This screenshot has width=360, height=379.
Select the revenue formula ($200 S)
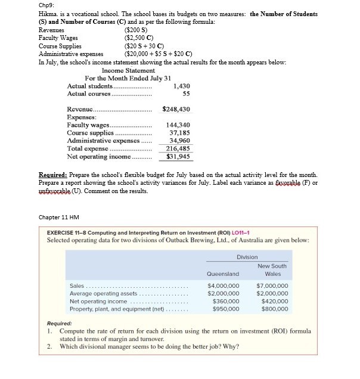click(x=135, y=29)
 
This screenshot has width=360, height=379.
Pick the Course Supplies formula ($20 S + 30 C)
click(x=144, y=45)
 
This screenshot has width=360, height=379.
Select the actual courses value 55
click(x=186, y=94)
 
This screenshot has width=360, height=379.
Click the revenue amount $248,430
click(x=176, y=110)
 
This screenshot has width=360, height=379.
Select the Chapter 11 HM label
click(x=58, y=217)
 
